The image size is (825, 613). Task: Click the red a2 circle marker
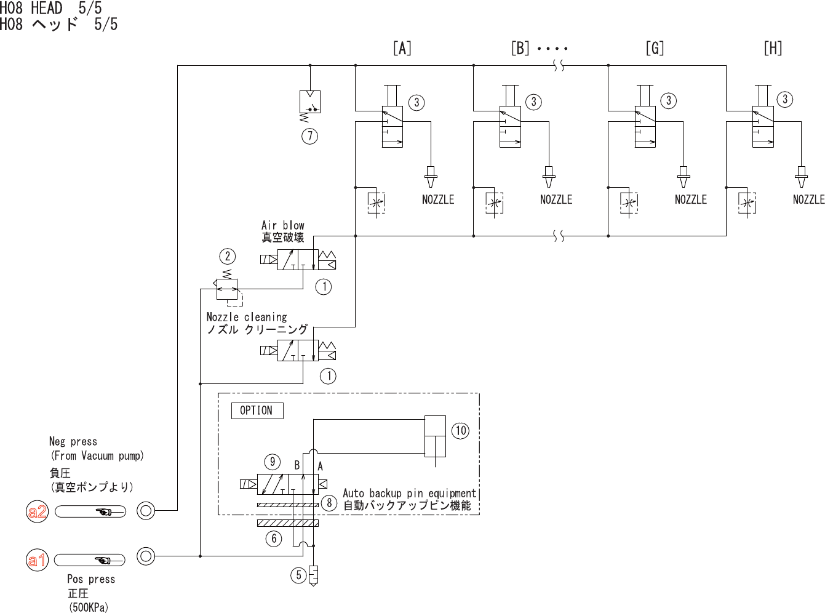pos(37,511)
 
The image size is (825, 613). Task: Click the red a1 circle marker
pos(37,559)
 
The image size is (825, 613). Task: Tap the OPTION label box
pos(257,411)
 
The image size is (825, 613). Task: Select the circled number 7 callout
pos(309,136)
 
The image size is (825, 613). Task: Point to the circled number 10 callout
pos(460,431)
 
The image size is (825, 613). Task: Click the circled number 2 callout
pos(228,256)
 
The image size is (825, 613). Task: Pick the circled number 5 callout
pos(298,575)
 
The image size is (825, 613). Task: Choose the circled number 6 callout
pos(274,539)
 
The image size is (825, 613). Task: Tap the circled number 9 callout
pos(273,462)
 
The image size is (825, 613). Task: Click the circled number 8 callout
pos(329,503)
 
